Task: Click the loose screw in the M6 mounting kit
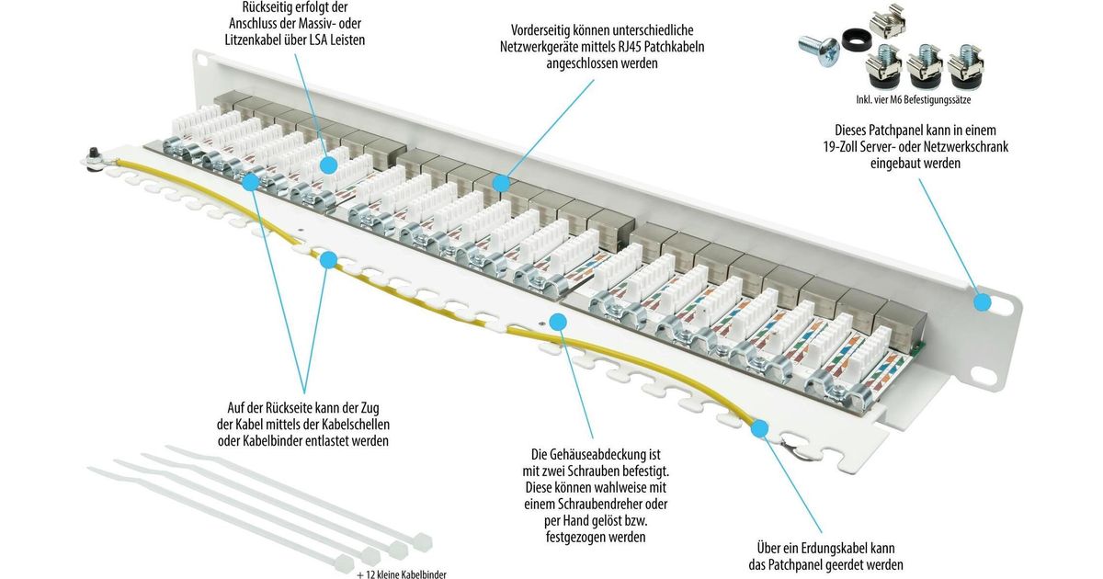click(x=819, y=51)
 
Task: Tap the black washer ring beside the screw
click(x=857, y=40)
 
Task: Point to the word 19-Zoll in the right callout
click(x=845, y=147)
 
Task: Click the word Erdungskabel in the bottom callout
click(x=831, y=548)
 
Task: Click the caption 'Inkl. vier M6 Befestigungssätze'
click(x=914, y=100)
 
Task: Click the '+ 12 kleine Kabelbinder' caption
click(x=402, y=574)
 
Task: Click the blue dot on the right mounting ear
click(x=983, y=301)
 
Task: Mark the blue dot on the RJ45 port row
click(x=501, y=184)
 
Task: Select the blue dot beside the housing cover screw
click(x=558, y=323)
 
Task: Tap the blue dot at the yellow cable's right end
click(x=760, y=428)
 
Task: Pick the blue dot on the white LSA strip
click(x=328, y=165)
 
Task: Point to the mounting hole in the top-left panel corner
click(x=201, y=59)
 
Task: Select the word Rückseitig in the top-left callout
click(x=263, y=7)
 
